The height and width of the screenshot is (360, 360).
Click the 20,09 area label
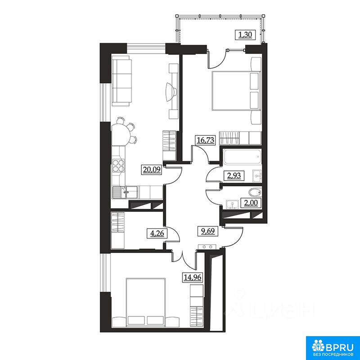point(152,170)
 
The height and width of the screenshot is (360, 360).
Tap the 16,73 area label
point(206,140)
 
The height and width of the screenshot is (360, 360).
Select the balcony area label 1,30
point(245,35)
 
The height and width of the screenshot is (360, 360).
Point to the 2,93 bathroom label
point(234,175)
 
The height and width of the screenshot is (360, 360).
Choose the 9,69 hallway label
point(207,231)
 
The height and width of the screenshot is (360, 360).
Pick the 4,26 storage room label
point(157,234)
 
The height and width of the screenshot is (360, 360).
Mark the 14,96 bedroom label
point(193,277)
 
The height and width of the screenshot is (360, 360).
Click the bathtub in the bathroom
point(242,157)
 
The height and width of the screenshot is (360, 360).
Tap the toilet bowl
point(255,193)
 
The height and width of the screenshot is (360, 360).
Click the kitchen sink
point(125,193)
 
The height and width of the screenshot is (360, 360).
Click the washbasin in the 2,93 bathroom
point(257,176)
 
